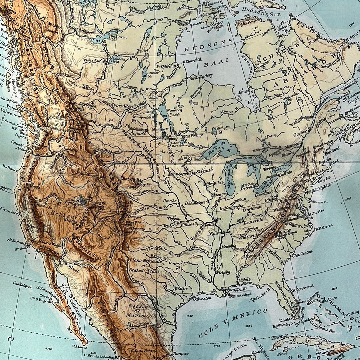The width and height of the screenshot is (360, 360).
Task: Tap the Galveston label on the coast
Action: point(202,298)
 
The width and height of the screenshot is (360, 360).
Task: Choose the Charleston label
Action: point(302,251)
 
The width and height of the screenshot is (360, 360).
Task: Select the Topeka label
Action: point(174,218)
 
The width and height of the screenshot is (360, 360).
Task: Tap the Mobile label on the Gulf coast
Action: point(244,280)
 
